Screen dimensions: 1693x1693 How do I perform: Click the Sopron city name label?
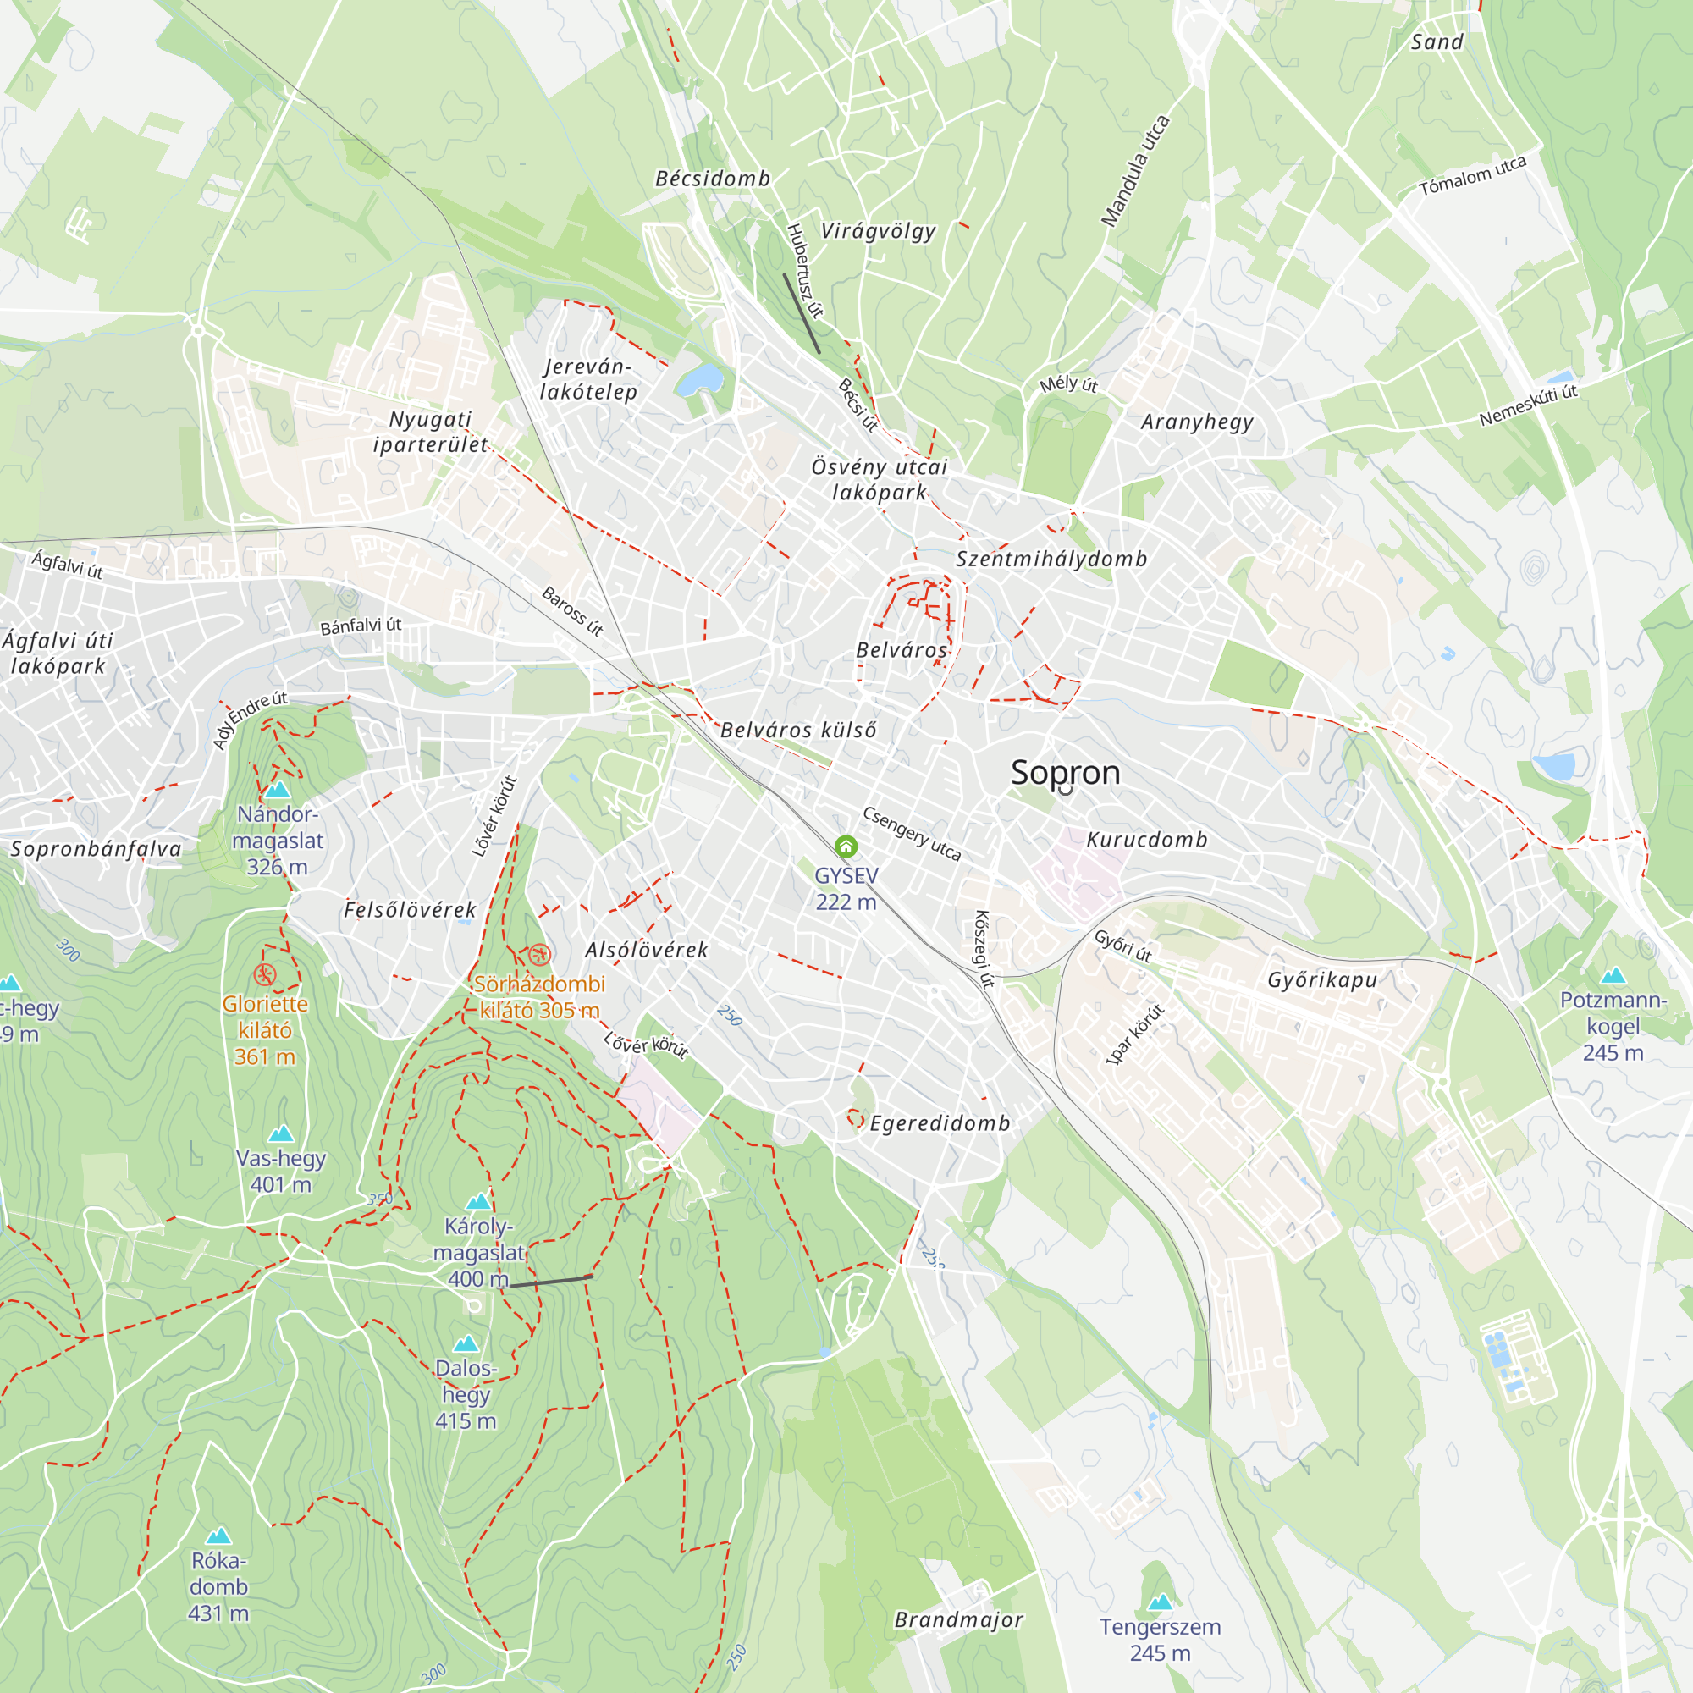(x=1066, y=772)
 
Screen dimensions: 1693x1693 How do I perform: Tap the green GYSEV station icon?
(x=846, y=846)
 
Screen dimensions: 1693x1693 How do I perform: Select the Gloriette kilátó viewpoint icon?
(x=265, y=974)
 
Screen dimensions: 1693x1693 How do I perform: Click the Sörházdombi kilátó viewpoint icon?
(x=540, y=953)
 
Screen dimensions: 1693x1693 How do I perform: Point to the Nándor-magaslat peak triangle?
(x=278, y=790)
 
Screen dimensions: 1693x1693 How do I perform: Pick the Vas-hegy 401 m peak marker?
(x=280, y=1134)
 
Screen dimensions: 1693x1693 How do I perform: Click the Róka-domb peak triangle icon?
(x=218, y=1536)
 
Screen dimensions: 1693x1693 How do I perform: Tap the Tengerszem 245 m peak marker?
(x=1161, y=1602)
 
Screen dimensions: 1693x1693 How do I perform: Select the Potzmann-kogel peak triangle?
(x=1613, y=976)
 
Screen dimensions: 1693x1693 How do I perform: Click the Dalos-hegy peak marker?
(x=466, y=1343)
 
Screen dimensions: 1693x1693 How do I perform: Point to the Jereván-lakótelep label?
(x=588, y=379)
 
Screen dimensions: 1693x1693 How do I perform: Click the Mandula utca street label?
(x=1136, y=171)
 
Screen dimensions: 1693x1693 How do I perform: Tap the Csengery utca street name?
(x=912, y=833)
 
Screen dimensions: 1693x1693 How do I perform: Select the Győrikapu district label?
(x=1321, y=979)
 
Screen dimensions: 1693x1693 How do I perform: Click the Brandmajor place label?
(x=959, y=1619)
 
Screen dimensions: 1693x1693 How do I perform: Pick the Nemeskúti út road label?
(x=1528, y=405)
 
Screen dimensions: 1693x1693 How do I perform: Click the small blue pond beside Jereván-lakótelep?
(x=699, y=379)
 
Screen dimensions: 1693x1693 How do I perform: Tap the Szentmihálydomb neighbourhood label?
(x=1051, y=559)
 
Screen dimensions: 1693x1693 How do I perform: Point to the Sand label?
(x=1437, y=42)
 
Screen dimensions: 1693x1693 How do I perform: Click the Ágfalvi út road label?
(x=68, y=565)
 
